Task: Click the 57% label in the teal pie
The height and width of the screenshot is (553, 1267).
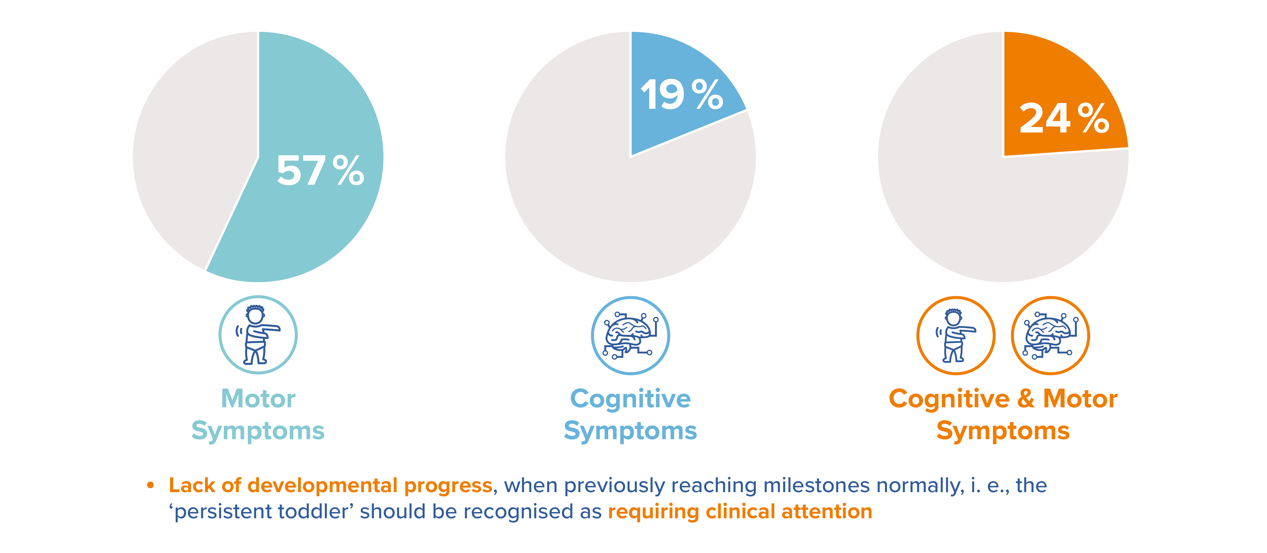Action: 320,171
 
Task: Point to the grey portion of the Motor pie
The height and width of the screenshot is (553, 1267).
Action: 192,147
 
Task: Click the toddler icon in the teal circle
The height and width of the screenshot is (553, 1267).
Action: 258,335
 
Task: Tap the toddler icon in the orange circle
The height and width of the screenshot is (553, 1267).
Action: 955,335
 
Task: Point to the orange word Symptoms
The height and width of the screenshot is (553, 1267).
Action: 1003,431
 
